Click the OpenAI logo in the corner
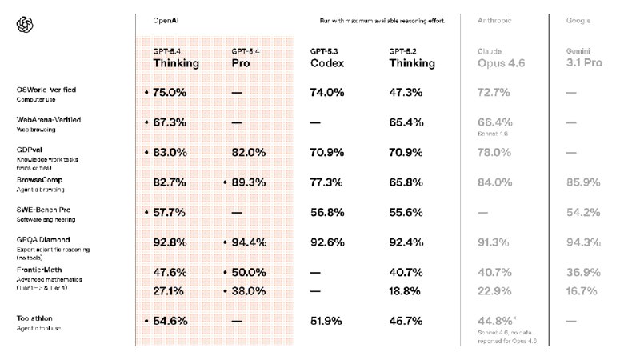25,26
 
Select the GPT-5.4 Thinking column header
176,58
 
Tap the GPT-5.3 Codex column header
328,58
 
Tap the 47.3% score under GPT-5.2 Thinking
406,93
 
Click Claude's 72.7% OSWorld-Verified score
494,93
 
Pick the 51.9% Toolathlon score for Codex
326,321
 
